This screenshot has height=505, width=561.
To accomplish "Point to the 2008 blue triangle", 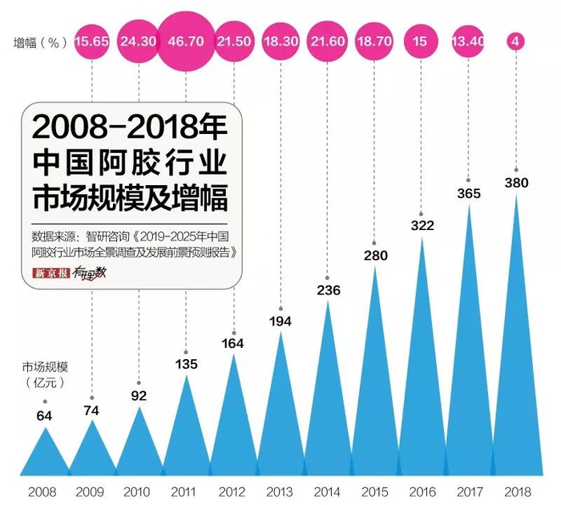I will click(45, 457).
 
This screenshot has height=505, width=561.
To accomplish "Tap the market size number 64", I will click(45, 416).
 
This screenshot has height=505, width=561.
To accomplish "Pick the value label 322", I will click(422, 226).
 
